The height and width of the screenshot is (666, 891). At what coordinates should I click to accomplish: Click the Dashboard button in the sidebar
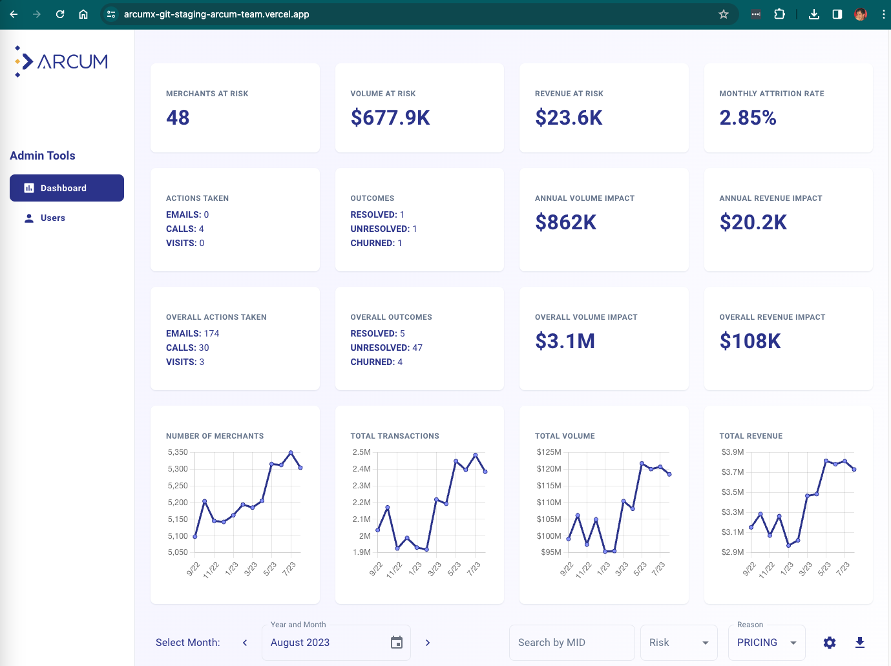(67, 188)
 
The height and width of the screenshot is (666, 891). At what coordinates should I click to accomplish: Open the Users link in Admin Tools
(52, 218)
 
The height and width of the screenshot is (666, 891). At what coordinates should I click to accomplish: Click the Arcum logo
(61, 62)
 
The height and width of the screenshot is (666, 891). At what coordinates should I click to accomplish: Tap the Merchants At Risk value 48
(178, 118)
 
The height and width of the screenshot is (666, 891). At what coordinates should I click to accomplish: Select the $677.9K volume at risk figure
(390, 118)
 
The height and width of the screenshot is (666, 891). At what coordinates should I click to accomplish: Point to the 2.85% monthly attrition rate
(748, 118)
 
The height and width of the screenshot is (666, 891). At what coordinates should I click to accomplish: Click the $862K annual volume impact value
(565, 222)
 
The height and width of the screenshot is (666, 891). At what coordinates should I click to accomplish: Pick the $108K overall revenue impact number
(750, 341)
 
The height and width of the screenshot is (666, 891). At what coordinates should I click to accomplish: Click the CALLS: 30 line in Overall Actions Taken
(187, 348)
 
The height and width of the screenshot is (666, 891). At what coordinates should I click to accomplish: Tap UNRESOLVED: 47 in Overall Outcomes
(386, 348)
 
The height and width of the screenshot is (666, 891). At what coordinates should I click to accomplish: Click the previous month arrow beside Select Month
(245, 643)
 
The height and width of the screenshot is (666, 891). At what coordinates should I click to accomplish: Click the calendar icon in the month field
(397, 643)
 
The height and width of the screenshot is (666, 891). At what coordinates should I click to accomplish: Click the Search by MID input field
(571, 643)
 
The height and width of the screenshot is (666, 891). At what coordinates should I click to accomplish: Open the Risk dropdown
(678, 643)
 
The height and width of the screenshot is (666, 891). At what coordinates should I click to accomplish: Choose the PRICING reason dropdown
(766, 643)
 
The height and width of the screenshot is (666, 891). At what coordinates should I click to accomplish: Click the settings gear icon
(830, 643)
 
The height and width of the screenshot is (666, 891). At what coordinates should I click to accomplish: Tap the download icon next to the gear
(860, 643)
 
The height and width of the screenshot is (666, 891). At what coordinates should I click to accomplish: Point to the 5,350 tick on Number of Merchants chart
(178, 452)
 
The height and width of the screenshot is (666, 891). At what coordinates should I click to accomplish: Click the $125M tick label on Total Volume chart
(549, 452)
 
